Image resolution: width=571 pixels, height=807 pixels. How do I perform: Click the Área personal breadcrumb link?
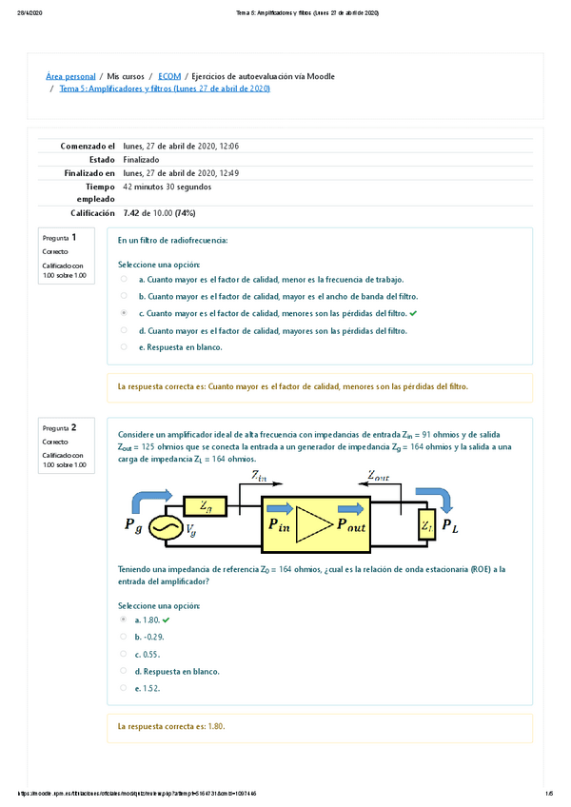pyautogui.click(x=70, y=75)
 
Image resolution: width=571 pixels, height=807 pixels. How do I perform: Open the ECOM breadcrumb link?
pyautogui.click(x=169, y=75)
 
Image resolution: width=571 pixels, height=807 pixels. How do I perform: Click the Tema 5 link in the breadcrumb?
pyautogui.click(x=165, y=89)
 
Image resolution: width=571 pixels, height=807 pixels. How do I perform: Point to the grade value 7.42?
pyautogui.click(x=132, y=213)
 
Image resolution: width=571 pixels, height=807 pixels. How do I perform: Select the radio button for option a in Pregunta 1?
pyautogui.click(x=124, y=279)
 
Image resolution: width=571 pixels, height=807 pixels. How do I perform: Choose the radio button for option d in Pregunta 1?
pyautogui.click(x=124, y=330)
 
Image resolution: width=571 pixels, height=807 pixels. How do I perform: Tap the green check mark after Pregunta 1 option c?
pyautogui.click(x=413, y=312)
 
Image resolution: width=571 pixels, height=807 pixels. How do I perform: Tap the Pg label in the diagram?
pyautogui.click(x=134, y=524)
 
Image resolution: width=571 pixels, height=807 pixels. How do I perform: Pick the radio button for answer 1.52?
pyautogui.click(x=124, y=687)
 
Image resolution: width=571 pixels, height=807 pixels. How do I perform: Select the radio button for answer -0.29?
pyautogui.click(x=124, y=637)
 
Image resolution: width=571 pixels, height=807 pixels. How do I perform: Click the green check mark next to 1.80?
pyautogui.click(x=166, y=620)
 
